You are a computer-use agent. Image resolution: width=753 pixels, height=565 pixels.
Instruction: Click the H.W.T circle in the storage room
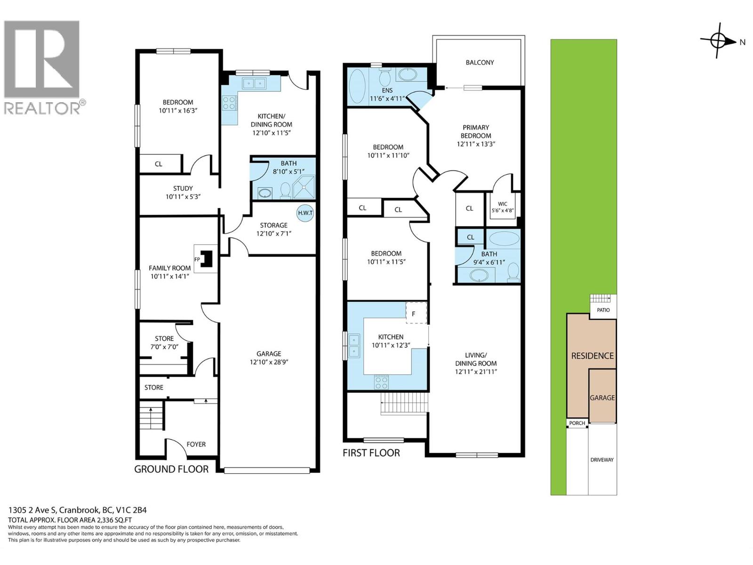(x=305, y=213)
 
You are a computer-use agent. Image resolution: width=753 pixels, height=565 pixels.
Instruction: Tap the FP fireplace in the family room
(x=206, y=259)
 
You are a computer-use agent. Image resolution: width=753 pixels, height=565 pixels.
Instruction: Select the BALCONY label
(x=480, y=62)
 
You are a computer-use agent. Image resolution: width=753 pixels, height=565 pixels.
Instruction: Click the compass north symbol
(x=718, y=41)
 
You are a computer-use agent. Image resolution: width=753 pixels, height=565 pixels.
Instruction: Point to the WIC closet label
(x=503, y=207)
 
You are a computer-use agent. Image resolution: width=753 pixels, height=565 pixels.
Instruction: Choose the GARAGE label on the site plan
(x=602, y=397)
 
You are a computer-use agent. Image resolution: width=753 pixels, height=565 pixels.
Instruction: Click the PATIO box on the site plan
(x=603, y=310)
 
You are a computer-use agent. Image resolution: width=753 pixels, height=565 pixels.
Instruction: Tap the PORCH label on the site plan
(x=577, y=423)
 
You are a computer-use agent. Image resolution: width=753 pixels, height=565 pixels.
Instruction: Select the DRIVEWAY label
(x=602, y=460)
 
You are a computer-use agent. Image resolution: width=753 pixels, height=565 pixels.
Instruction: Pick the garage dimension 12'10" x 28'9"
(x=269, y=362)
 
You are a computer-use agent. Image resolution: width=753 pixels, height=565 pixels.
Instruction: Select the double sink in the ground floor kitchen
(x=254, y=83)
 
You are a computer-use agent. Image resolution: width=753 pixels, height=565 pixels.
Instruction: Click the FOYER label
(x=196, y=444)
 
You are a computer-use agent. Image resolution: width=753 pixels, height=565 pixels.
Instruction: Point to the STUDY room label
(x=183, y=188)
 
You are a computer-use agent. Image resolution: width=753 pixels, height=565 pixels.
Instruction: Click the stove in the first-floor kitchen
(x=382, y=381)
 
